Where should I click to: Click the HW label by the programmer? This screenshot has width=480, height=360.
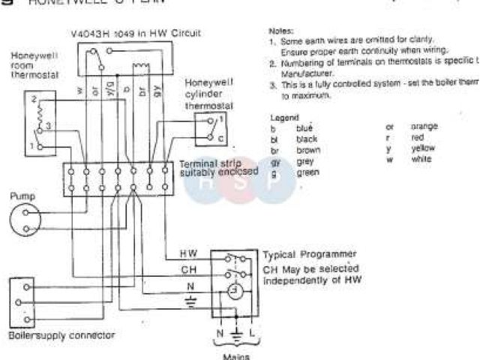[x=189, y=253]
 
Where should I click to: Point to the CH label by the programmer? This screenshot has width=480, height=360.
[x=189, y=268]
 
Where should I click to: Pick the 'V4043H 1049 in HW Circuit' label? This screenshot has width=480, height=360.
[x=139, y=33]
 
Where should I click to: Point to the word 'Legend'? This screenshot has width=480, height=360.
[x=284, y=118]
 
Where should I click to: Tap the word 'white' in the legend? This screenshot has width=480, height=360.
[x=421, y=160]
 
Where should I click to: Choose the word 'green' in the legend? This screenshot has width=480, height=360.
[x=307, y=172]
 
